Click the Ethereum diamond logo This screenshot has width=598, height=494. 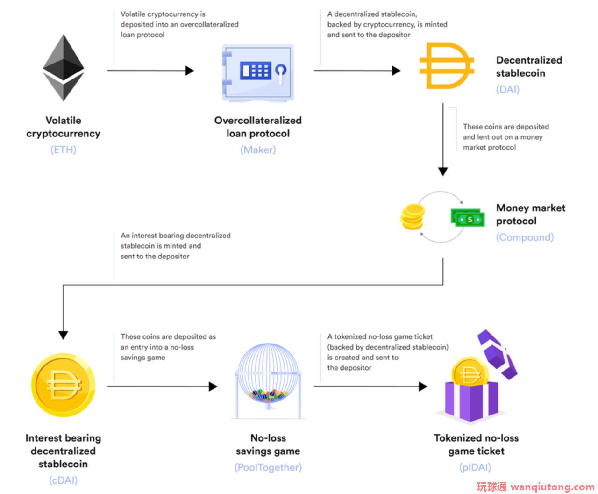tap(63, 68)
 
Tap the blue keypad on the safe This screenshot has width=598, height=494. tap(255, 70)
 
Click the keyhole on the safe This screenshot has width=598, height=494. tap(281, 73)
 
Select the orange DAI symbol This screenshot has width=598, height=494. tap(446, 65)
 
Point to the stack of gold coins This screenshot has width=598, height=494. tap(413, 216)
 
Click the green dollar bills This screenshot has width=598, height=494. tap(468, 218)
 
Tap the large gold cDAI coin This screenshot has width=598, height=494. tap(63, 385)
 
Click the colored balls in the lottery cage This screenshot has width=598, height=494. tap(268, 395)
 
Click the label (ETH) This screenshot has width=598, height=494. tap(63, 150)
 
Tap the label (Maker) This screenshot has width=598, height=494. tap(258, 150)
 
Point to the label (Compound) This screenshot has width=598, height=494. tap(525, 237)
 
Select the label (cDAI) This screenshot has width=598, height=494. tap(63, 480)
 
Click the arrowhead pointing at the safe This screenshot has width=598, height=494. tap(190, 71)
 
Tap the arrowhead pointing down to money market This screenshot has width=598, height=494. tap(443, 172)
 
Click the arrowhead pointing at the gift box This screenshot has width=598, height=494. tap(423, 386)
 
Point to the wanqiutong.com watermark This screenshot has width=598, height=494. tap(535, 487)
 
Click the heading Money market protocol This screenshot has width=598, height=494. tap(530, 215)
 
